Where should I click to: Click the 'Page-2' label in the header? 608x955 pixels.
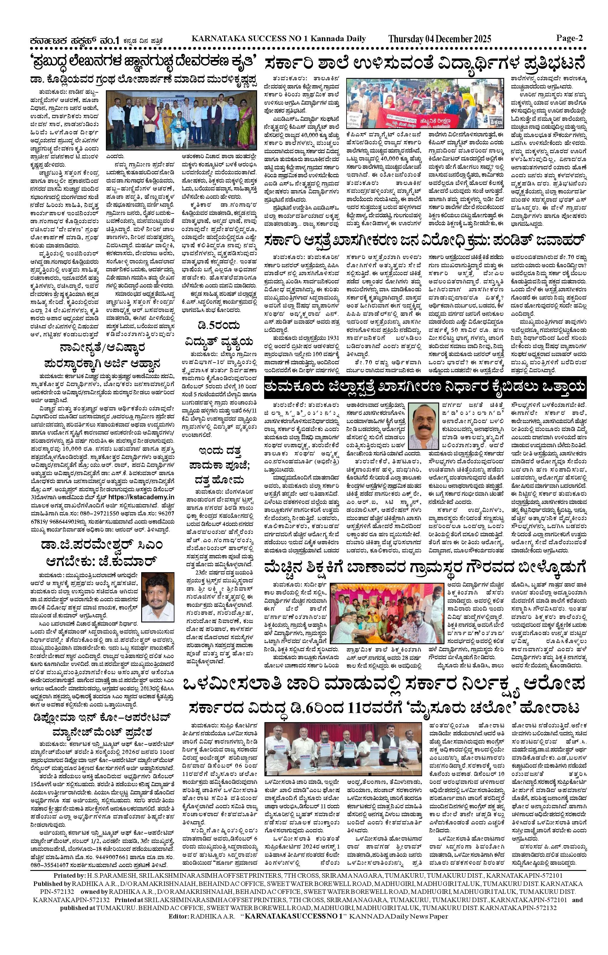pyautogui.click(x=569, y=39)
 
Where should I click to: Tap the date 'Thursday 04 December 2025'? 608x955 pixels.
pyautogui.click(x=439, y=39)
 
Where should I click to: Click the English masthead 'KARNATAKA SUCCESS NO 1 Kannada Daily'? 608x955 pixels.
pyautogui.click(x=278, y=39)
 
